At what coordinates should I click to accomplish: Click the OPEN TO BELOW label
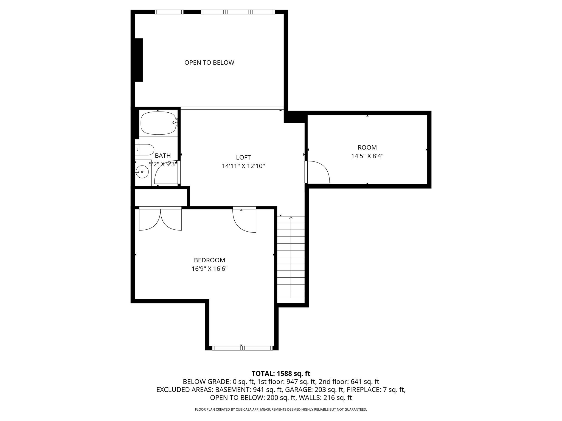click(209, 62)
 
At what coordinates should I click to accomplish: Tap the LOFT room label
click(243, 157)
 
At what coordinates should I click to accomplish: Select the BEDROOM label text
click(209, 260)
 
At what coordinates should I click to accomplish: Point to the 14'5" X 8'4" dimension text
click(367, 156)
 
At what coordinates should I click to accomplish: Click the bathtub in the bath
click(158, 123)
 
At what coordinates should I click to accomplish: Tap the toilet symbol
click(144, 150)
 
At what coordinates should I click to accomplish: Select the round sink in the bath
click(142, 172)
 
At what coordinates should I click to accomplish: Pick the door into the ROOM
click(318, 172)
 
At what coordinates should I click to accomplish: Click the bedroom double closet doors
click(160, 219)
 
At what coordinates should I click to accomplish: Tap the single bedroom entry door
click(244, 221)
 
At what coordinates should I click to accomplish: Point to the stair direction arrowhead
click(291, 218)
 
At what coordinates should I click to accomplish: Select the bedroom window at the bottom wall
click(243, 348)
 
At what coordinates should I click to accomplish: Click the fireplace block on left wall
click(139, 60)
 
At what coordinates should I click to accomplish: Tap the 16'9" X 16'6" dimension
click(209, 269)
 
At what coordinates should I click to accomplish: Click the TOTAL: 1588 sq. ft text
click(281, 373)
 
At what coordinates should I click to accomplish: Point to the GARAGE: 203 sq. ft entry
click(314, 389)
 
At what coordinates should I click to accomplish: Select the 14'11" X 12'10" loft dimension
click(243, 166)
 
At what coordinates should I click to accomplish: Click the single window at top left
click(169, 12)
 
